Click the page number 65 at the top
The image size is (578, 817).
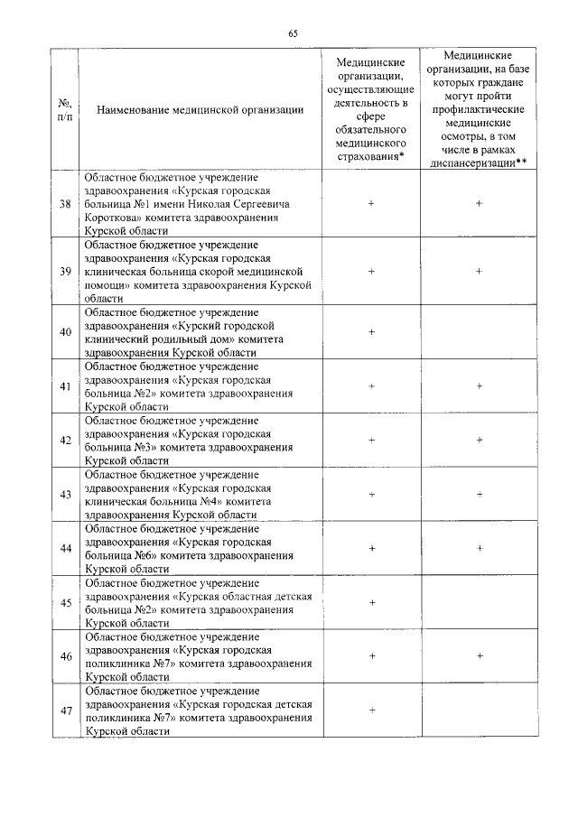(x=293, y=33)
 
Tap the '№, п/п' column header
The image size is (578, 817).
(x=65, y=111)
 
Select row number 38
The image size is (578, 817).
(x=65, y=204)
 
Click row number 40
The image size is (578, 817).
(x=65, y=332)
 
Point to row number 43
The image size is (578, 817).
(x=65, y=495)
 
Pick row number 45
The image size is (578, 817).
(x=65, y=603)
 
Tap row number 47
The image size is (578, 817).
(x=65, y=711)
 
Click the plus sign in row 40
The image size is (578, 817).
(x=371, y=332)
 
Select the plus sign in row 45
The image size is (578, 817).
(x=371, y=602)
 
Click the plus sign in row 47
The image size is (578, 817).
(x=371, y=710)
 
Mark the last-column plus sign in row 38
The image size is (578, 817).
(x=479, y=204)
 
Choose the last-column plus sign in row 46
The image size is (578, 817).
(x=479, y=656)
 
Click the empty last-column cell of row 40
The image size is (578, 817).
(x=479, y=332)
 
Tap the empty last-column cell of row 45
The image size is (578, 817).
(x=479, y=603)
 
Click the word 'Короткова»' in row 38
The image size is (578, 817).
(x=114, y=218)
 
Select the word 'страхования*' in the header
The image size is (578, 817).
(x=370, y=156)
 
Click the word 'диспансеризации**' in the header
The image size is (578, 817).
(x=479, y=162)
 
